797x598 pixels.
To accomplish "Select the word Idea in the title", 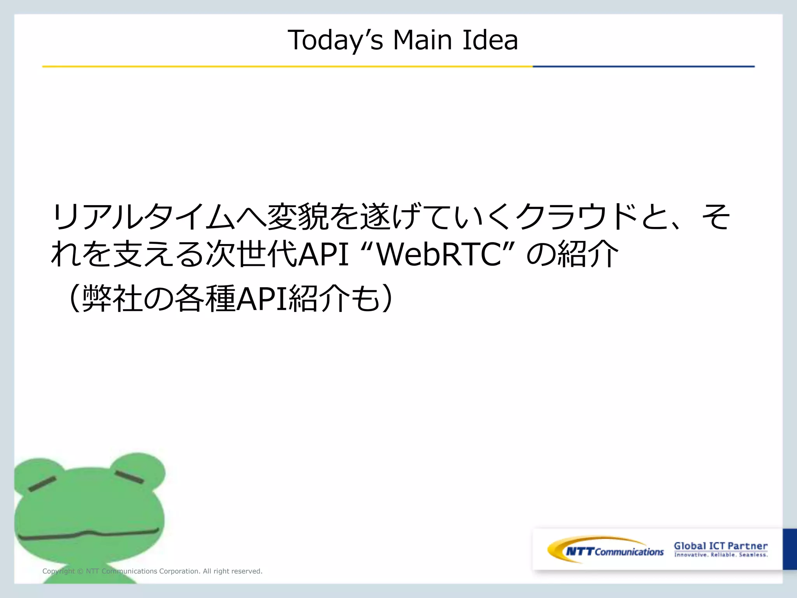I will click(x=490, y=40).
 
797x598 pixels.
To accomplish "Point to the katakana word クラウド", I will click(x=578, y=216).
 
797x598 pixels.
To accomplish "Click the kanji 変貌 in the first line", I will click(x=298, y=216).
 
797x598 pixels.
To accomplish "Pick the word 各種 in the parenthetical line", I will click(x=205, y=299).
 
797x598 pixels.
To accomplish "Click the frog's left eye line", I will click(x=42, y=484).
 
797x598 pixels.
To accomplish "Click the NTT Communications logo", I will click(x=605, y=550).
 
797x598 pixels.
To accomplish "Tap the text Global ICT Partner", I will click(x=721, y=546).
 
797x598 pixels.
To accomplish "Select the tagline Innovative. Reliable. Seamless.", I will click(x=721, y=555).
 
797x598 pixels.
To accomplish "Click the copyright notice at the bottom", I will click(x=152, y=571).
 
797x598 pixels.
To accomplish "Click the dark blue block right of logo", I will click(x=790, y=549).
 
